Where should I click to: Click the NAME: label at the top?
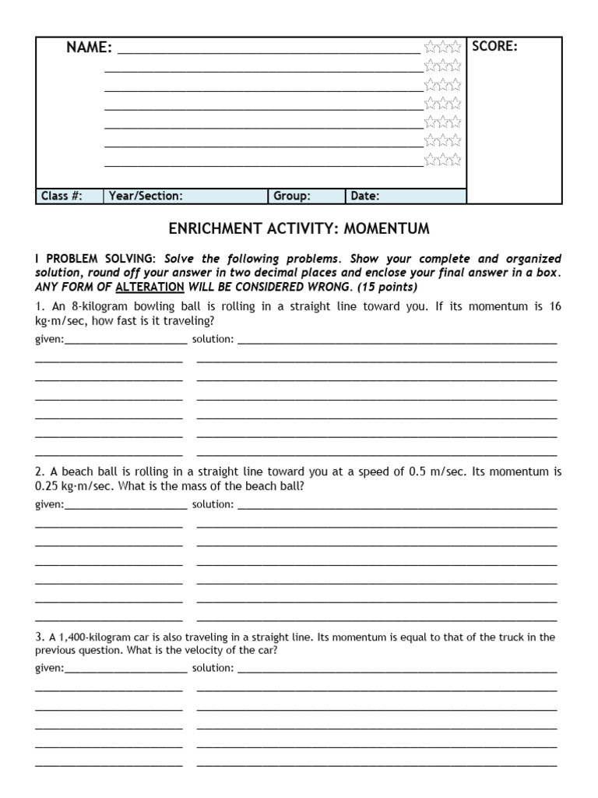point(90,48)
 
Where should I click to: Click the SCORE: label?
point(494,47)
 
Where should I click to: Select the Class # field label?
point(61,196)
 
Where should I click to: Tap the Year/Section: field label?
point(146,196)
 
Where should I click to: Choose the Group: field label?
point(292,196)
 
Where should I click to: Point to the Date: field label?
point(365,196)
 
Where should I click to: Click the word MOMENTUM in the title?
point(388,228)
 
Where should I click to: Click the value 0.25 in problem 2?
point(47,486)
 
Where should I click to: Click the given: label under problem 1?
point(50,340)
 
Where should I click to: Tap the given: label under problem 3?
point(50,668)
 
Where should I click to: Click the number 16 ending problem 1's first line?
point(554,306)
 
